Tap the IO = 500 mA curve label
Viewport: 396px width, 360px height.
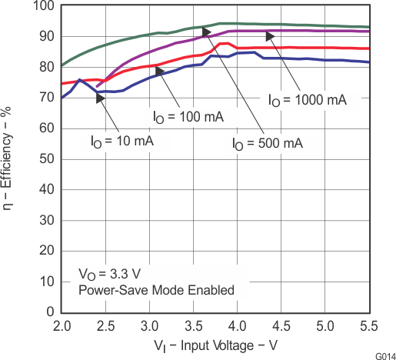tap(268, 143)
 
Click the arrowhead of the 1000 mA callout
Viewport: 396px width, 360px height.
tap(270, 36)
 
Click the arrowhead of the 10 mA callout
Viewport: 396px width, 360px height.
tap(100, 85)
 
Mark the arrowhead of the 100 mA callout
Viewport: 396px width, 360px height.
tap(160, 71)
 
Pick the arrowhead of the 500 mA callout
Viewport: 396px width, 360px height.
tap(206, 31)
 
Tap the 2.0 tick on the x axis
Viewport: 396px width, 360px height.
tap(62, 325)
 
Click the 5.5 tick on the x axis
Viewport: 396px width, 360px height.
tap(369, 325)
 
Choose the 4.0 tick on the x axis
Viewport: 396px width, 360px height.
tap(238, 325)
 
